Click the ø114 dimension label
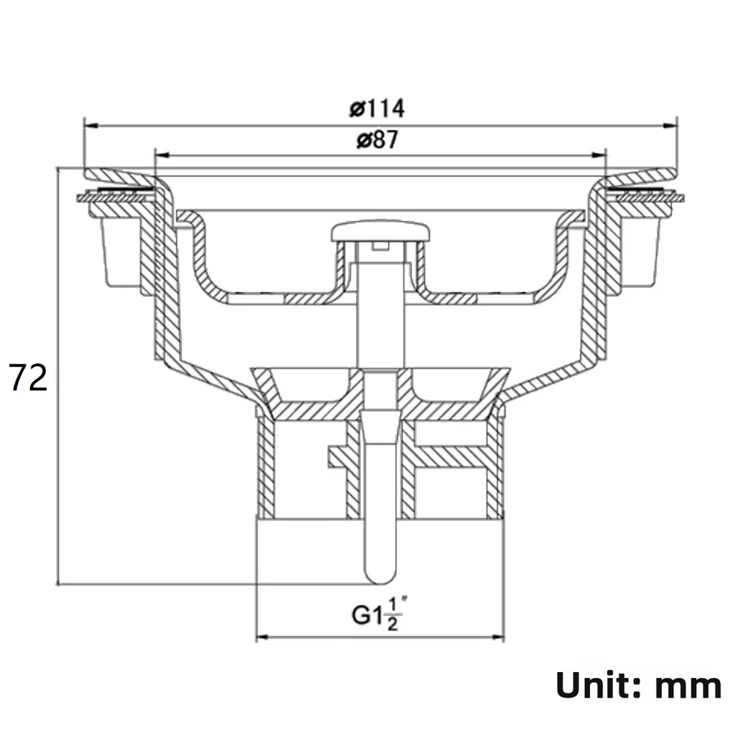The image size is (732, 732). (377, 108)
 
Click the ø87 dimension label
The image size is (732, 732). (377, 140)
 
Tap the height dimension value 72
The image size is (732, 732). (29, 379)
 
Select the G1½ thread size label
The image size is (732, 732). (379, 614)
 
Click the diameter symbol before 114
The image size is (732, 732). (356, 109)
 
